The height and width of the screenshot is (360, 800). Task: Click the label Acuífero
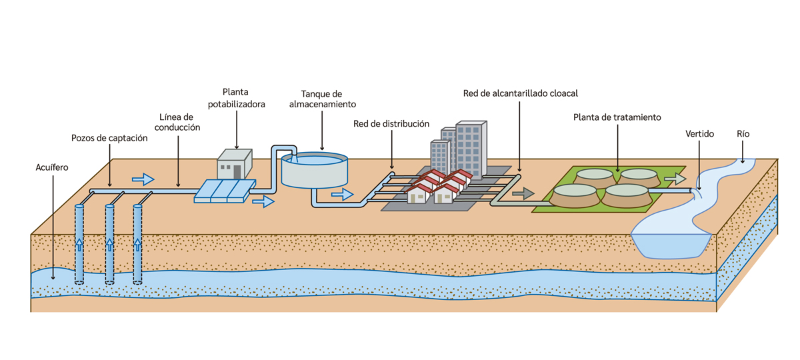pyautogui.click(x=51, y=167)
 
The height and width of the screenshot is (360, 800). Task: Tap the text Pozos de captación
pyautogui.click(x=109, y=138)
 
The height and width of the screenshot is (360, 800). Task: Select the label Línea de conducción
pyautogui.click(x=177, y=122)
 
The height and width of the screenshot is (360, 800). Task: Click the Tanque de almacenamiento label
pyautogui.click(x=323, y=99)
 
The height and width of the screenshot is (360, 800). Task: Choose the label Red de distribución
pyautogui.click(x=391, y=124)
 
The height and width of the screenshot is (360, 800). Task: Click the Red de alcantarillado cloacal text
pyautogui.click(x=520, y=93)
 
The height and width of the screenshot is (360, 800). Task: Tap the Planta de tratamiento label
pyautogui.click(x=617, y=117)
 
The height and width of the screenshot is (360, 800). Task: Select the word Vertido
pyautogui.click(x=699, y=134)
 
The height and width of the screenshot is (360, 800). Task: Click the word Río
pyautogui.click(x=743, y=134)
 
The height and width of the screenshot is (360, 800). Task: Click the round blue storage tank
pyautogui.click(x=314, y=171)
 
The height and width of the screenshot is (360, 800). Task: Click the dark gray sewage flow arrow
pyautogui.click(x=523, y=193)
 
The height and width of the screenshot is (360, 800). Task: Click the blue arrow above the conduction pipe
pyautogui.click(x=143, y=179)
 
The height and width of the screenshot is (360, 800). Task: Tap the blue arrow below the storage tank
pyautogui.click(x=342, y=194)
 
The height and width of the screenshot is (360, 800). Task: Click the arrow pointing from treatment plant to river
pyautogui.click(x=675, y=179)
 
